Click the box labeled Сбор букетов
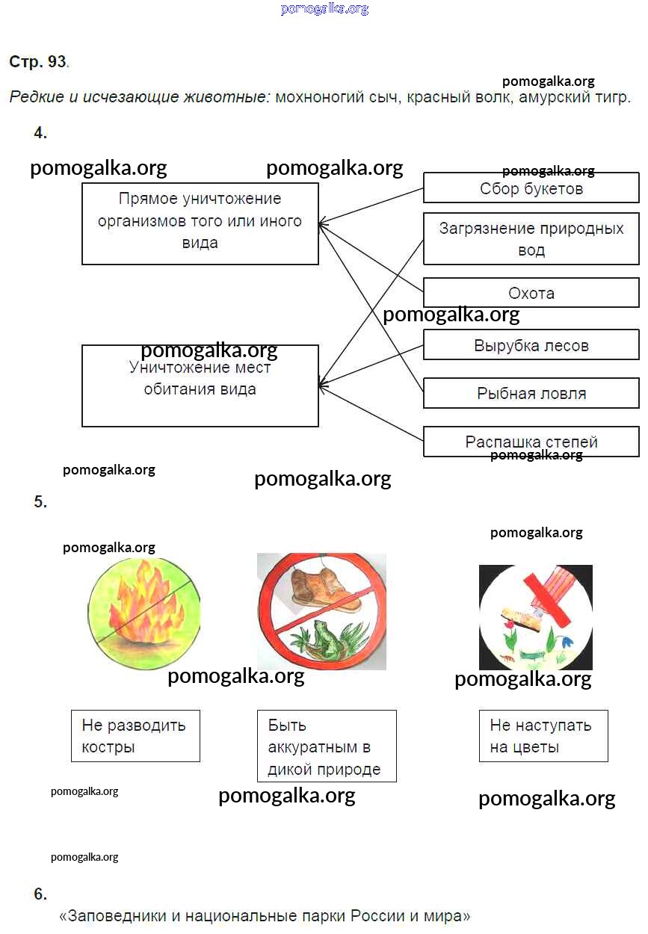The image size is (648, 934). (531, 188)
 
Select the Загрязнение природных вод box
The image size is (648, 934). (531, 239)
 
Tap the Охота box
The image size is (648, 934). (531, 293)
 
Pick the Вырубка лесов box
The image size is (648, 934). (531, 346)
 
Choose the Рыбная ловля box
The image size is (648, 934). (531, 393)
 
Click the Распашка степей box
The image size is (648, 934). (531, 442)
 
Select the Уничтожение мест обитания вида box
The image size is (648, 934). (200, 386)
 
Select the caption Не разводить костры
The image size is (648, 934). (135, 736)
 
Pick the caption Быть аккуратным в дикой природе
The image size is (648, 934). (326, 746)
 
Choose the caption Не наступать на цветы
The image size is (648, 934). (543, 736)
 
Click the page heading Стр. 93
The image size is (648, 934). (38, 62)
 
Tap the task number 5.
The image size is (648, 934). (40, 502)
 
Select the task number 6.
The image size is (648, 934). (40, 894)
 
